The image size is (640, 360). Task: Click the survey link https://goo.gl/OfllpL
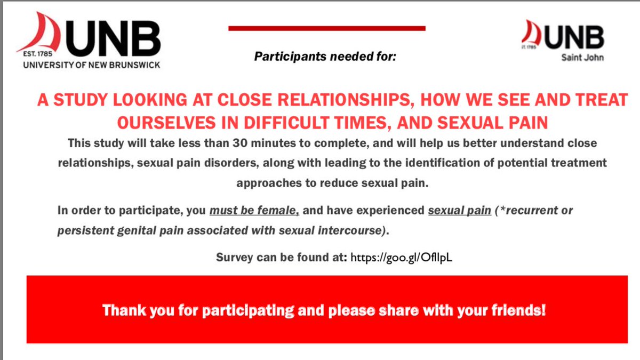pyautogui.click(x=401, y=258)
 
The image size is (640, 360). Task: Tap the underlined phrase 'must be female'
pyautogui.click(x=254, y=210)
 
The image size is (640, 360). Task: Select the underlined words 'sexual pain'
pyautogui.click(x=459, y=210)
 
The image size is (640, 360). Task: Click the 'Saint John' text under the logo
pyautogui.click(x=582, y=57)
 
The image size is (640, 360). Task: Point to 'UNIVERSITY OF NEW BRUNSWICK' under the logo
pyautogui.click(x=91, y=65)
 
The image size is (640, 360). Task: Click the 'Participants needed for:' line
pyautogui.click(x=325, y=56)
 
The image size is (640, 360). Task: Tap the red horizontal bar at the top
pyautogui.click(x=327, y=28)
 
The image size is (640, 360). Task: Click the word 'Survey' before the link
pyautogui.click(x=234, y=258)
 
